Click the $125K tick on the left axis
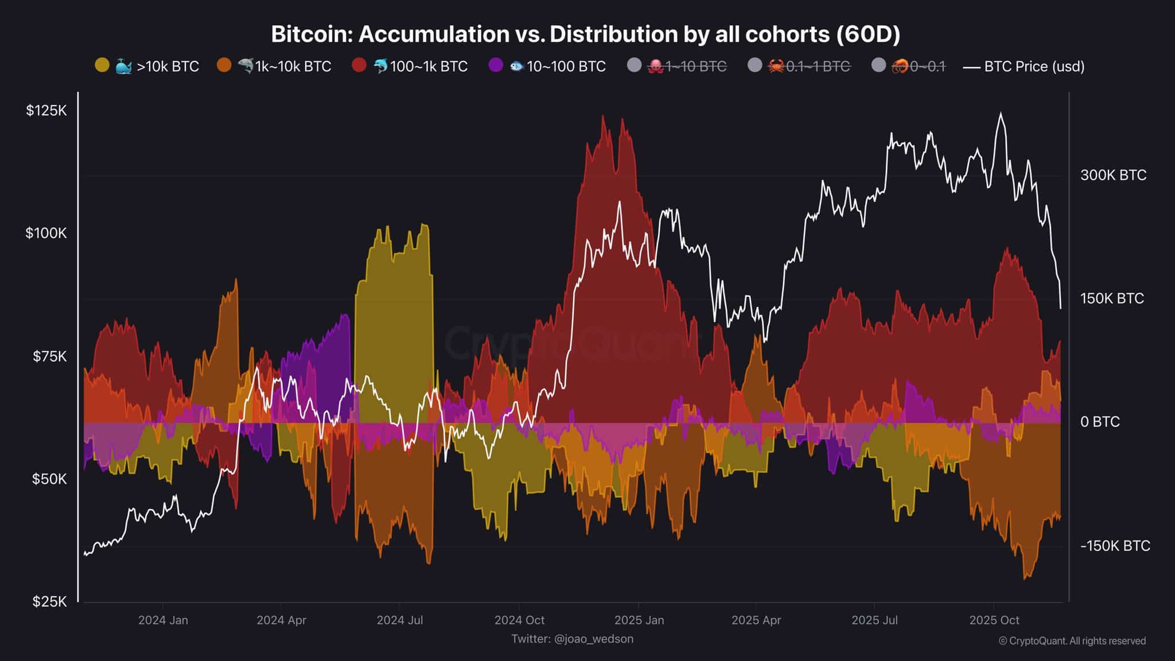46,110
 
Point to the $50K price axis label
49,479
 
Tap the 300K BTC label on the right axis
1113,175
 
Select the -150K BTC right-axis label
1115,546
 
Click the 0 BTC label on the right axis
1100,422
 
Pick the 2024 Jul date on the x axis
399,620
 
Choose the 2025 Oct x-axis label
994,620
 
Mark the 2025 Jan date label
639,620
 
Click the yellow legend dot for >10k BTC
102,65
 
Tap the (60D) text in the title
868,34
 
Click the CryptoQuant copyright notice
1072,641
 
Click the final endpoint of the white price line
1061,308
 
